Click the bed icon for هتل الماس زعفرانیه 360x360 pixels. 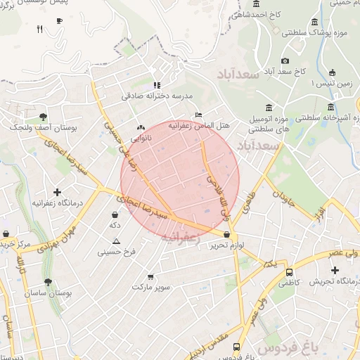[x=198, y=115]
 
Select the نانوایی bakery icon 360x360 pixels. [x=142, y=129]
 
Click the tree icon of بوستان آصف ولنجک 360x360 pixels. [x=44, y=116]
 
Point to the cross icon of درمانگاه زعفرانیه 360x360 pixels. [x=57, y=192]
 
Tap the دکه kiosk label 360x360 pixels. [x=113, y=226]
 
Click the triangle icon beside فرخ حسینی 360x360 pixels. [x=116, y=241]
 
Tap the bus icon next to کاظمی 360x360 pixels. [x=289, y=271]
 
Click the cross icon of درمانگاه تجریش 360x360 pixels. [x=335, y=270]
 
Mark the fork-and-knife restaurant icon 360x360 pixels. [x=40, y=30]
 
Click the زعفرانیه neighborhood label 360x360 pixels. [x=181, y=238]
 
